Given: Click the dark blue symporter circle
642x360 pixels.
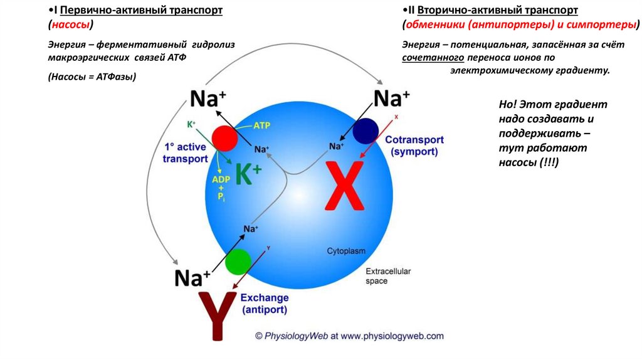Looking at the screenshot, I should [365, 130].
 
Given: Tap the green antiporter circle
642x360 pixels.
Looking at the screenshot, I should [238, 262].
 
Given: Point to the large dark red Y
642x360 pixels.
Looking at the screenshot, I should [218, 315].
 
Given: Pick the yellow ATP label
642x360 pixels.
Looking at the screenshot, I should [262, 125].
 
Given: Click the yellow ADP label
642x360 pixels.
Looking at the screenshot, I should [221, 179].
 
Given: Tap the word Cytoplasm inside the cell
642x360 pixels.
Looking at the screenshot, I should [346, 251].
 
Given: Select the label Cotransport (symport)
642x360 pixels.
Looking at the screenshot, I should [414, 146].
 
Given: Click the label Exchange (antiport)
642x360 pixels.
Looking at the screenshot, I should [265, 304].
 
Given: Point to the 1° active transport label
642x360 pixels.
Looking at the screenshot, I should [185, 152].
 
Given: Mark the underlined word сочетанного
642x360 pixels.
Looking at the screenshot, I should [433, 58].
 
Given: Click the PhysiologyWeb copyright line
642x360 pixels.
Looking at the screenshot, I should [349, 336].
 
